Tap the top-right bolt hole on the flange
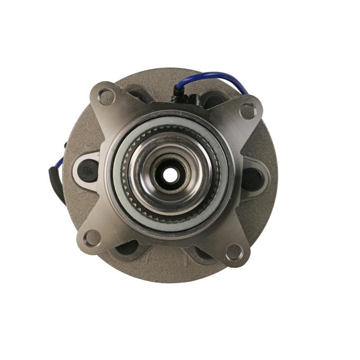coord(247,111)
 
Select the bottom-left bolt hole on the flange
coord(93,237)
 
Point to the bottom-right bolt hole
coord(234,252)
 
